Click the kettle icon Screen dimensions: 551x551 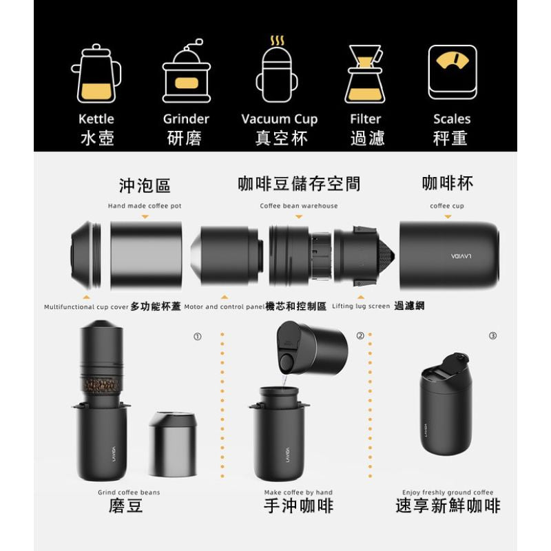[x=96, y=74]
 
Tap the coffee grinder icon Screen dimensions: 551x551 [x=186, y=71]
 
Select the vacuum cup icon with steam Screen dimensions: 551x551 [x=277, y=70]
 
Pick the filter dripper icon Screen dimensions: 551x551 [x=365, y=74]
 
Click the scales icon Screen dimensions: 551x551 [x=453, y=72]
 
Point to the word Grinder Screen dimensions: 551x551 [x=186, y=118]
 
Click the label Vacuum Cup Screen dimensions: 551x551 [x=280, y=119]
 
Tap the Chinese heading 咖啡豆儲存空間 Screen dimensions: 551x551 [x=299, y=184]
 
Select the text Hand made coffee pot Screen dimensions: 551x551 [x=145, y=206]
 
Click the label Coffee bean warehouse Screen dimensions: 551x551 [x=299, y=206]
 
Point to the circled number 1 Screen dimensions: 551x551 [x=198, y=337]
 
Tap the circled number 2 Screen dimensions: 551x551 [x=360, y=335]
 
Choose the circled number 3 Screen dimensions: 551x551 [x=492, y=335]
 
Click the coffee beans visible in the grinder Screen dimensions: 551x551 [x=101, y=386]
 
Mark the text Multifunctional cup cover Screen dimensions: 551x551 [x=86, y=306]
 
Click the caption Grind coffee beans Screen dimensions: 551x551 [x=129, y=492]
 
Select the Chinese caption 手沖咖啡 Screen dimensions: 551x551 [x=298, y=506]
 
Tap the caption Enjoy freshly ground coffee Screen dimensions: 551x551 [x=448, y=492]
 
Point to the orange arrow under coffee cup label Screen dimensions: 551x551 [x=448, y=217]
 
